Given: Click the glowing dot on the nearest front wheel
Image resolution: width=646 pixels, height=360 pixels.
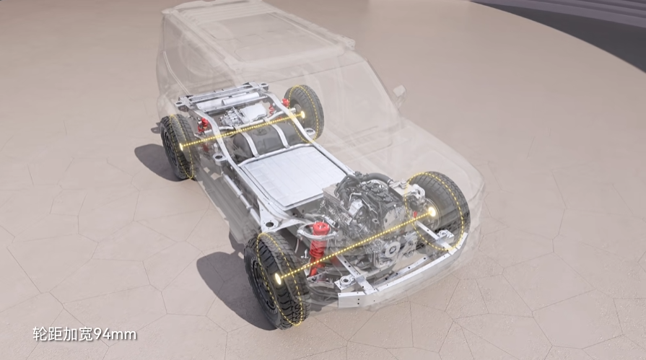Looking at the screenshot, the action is pyautogui.click(x=278, y=278).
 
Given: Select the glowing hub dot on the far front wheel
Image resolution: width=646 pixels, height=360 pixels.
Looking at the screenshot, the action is pyautogui.click(x=432, y=211).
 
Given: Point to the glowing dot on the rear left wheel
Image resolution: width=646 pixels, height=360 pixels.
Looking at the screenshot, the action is pyautogui.click(x=182, y=146).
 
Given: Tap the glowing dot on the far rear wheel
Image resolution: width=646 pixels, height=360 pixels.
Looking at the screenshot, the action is pyautogui.click(x=302, y=114).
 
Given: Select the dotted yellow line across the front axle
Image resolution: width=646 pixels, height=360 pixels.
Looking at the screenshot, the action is pyautogui.click(x=355, y=245).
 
